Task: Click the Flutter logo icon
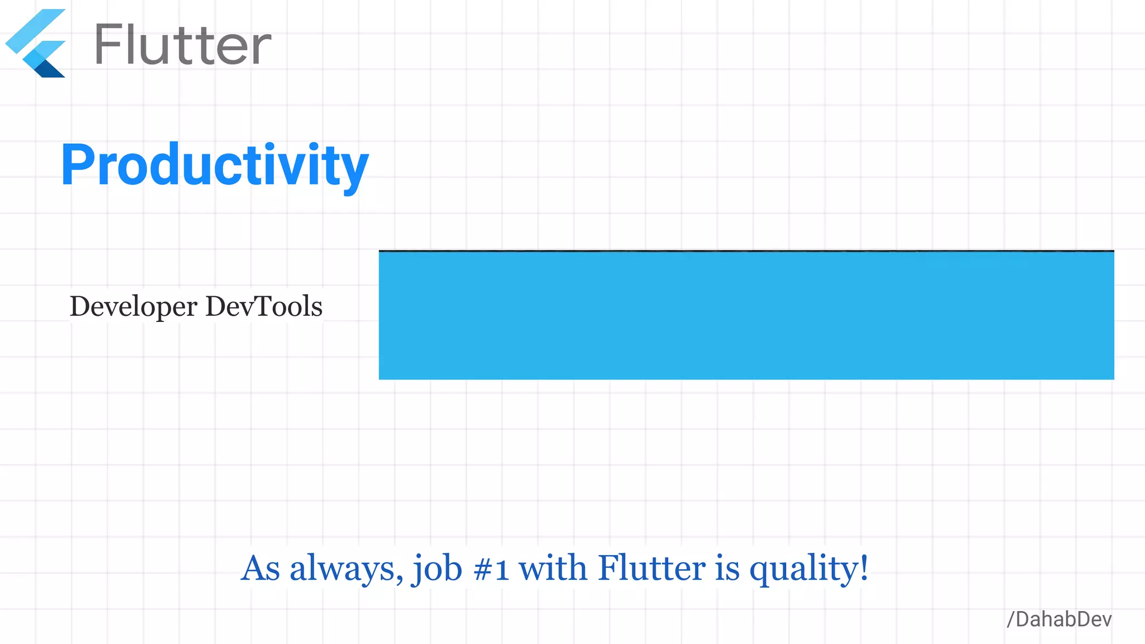[x=36, y=44]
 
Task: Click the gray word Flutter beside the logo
[x=183, y=45]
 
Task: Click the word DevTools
[x=264, y=306]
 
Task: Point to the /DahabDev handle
[x=1059, y=619]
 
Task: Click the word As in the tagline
[x=261, y=568]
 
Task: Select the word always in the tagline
[x=343, y=568]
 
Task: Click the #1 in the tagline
[x=491, y=569]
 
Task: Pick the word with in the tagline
[x=553, y=568]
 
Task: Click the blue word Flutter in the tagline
[x=652, y=568]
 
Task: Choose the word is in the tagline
[x=727, y=568]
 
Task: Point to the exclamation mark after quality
[x=864, y=568]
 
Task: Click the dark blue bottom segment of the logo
[x=50, y=69]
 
